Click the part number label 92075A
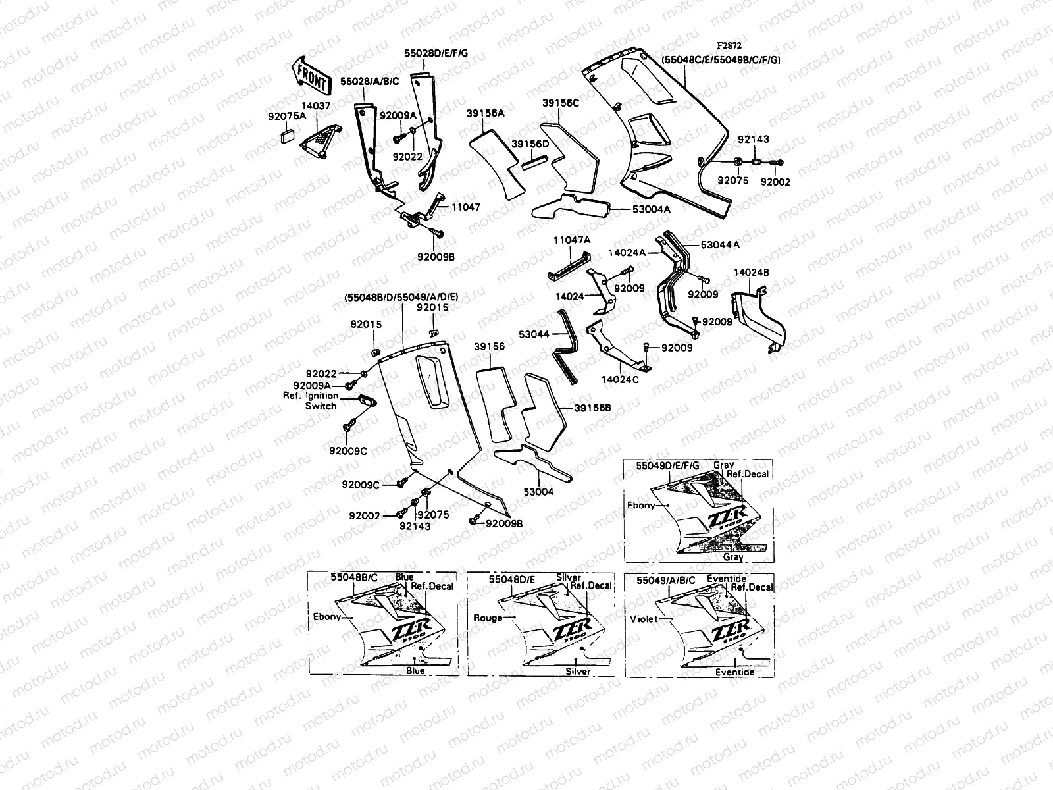pyautogui.click(x=288, y=116)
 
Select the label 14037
pyautogui.click(x=316, y=105)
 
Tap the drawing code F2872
pyautogui.click(x=729, y=47)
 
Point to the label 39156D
pyautogui.click(x=530, y=144)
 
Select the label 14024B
pyautogui.click(x=751, y=272)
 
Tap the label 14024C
pyautogui.click(x=620, y=380)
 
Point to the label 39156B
pyautogui.click(x=592, y=408)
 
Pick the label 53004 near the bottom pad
pyautogui.click(x=539, y=491)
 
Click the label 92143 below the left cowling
pyautogui.click(x=415, y=526)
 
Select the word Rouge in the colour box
pyautogui.click(x=488, y=618)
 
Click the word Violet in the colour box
pyautogui.click(x=644, y=619)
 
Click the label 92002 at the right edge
pyautogui.click(x=775, y=182)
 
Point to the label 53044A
pyautogui.click(x=720, y=244)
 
